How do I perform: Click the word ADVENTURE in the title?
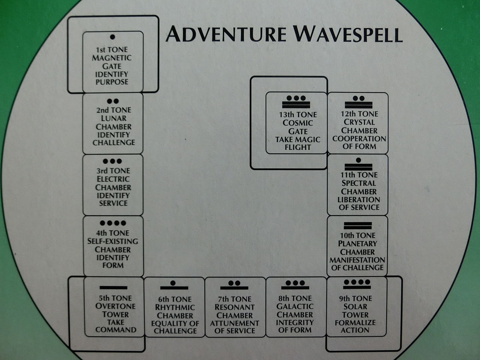(x=226, y=34)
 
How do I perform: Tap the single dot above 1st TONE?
(x=112, y=37)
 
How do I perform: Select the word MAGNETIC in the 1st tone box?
(x=112, y=58)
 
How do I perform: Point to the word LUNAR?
(x=113, y=118)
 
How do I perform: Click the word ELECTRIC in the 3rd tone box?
(x=113, y=179)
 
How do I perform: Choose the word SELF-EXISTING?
(x=113, y=241)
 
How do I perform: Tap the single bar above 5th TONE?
(x=113, y=288)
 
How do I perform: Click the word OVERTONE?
(x=115, y=306)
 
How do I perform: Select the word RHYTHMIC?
(x=175, y=307)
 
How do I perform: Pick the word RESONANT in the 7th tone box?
(x=235, y=307)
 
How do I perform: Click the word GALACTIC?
(x=295, y=306)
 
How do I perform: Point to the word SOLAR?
(x=355, y=307)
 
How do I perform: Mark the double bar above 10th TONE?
(x=358, y=226)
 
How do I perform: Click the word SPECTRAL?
(x=358, y=183)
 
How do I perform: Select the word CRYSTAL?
(x=359, y=122)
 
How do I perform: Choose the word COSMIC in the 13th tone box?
(x=298, y=123)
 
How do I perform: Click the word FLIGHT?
(x=298, y=147)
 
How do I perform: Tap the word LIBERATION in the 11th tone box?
(x=358, y=199)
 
